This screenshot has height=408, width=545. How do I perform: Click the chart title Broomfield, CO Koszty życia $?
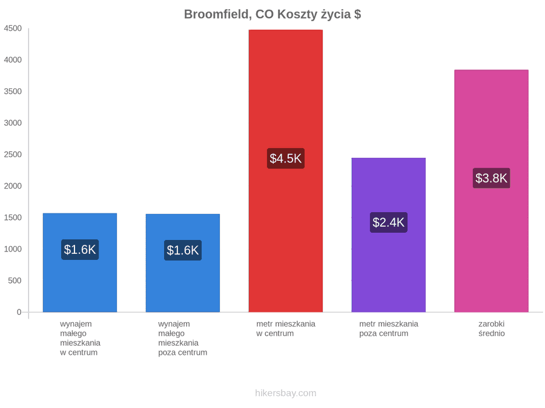point(272,15)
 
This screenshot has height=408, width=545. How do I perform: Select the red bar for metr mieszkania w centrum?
point(286,171)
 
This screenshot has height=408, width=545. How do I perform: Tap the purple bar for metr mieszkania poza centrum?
point(389,235)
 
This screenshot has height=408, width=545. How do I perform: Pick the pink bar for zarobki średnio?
point(492,191)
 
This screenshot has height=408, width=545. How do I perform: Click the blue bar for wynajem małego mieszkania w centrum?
point(80,263)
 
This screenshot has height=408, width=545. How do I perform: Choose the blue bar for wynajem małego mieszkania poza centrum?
point(183,263)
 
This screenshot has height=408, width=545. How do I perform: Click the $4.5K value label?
point(286,158)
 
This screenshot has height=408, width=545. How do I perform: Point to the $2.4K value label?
point(389,222)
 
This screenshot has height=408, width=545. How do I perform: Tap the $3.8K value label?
point(492,178)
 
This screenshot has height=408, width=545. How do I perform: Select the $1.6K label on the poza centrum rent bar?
point(183,250)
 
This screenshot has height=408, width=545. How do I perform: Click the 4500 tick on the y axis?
point(13,28)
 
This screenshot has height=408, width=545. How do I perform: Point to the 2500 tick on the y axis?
point(13,154)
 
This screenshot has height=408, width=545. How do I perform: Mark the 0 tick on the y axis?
point(19,312)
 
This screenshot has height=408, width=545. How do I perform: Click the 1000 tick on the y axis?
point(13,249)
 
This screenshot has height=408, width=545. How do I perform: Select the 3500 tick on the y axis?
point(13,92)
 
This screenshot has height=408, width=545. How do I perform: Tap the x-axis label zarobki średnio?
point(492,329)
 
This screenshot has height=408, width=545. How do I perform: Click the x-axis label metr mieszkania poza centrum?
point(389,329)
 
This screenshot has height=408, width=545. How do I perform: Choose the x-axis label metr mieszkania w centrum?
point(286,329)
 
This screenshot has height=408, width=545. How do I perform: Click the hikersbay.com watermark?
point(286,393)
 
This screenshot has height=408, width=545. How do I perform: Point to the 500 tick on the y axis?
point(15,280)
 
